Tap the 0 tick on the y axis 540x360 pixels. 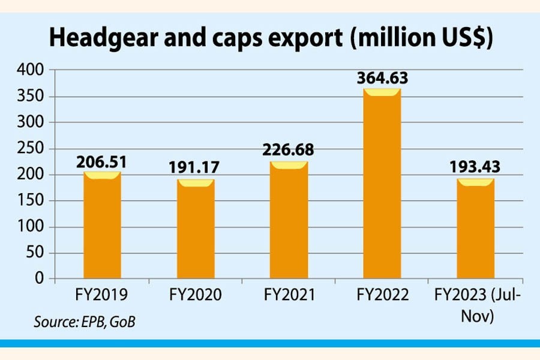point(40,279)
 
